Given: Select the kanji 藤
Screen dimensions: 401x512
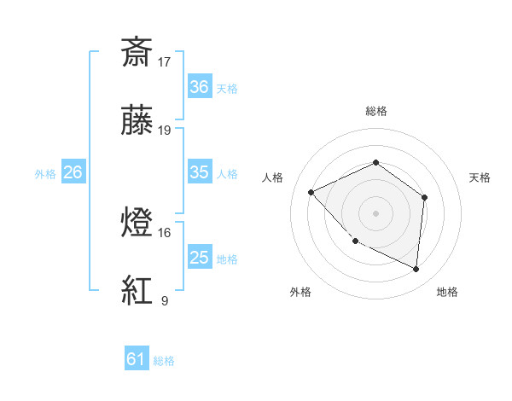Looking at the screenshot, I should pos(137,121).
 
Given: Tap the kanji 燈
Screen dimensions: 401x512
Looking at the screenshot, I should pos(137,223).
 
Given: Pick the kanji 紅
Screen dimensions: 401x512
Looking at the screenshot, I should pos(137,291).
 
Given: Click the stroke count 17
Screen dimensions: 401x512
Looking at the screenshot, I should pos(165,61).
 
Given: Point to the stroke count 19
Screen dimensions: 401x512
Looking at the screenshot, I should pos(165,131).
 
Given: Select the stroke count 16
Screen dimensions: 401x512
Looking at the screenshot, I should pos(165,232).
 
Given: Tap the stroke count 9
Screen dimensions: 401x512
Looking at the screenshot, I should pos(164,300).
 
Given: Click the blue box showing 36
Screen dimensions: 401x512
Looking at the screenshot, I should pos(200,87).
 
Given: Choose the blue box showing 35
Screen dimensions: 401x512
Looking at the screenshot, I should pos(200,172).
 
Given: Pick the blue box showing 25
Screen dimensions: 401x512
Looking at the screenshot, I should pos(200,258).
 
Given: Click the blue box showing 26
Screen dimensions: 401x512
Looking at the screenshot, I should pos(73,172).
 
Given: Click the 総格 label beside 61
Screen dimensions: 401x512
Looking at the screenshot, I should pos(164,361).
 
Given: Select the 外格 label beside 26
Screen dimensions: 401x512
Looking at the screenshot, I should pos(45,173).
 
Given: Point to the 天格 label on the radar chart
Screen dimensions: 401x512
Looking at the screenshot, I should pos(480,177).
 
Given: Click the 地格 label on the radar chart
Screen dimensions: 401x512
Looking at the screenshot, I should pos(447,293).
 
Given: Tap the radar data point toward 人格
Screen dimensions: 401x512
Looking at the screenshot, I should pos(311,192).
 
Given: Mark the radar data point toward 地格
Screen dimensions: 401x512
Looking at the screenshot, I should pos(416,270).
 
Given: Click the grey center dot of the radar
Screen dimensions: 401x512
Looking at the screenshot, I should pos(375,212).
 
